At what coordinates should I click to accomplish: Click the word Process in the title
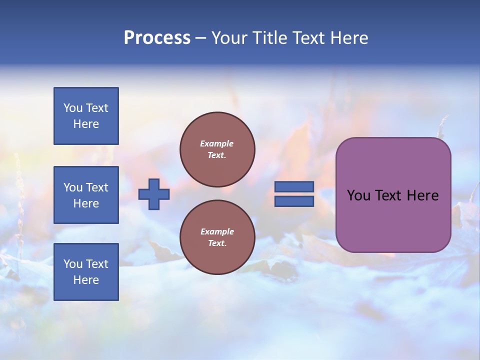[157, 38]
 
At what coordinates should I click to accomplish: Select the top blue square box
[86, 116]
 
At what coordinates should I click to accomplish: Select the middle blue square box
[86, 195]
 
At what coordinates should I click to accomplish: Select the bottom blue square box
[86, 271]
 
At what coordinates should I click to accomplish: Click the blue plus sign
[154, 194]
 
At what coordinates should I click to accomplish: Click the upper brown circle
[217, 149]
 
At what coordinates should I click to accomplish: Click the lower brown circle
[217, 237]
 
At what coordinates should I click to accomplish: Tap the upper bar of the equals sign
[294, 186]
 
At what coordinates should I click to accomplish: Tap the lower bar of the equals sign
[294, 201]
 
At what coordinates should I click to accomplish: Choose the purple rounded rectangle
[393, 220]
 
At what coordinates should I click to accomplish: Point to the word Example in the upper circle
[217, 143]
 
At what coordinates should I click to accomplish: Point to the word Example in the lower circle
[217, 231]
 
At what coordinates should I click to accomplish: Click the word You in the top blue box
[72, 108]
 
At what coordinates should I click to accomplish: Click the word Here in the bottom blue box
[86, 280]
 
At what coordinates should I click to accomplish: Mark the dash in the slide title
[200, 38]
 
